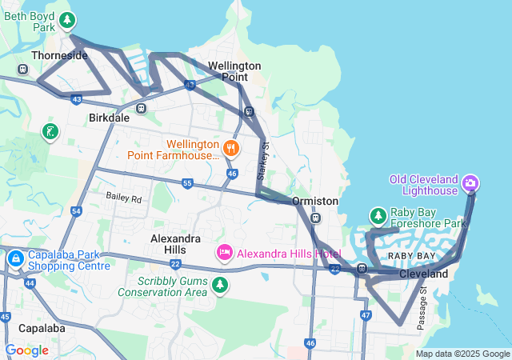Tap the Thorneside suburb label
click(x=59, y=56)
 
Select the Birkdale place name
click(x=108, y=118)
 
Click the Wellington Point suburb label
click(x=234, y=71)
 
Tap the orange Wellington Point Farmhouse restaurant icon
click(x=231, y=148)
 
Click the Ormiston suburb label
click(x=315, y=201)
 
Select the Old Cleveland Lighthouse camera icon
click(x=470, y=184)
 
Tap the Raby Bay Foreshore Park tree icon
click(x=378, y=215)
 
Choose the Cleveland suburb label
click(x=423, y=274)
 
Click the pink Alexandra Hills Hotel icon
click(x=225, y=253)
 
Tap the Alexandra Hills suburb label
click(x=175, y=245)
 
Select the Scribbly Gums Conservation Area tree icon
click(x=219, y=285)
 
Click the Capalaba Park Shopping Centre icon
click(x=15, y=259)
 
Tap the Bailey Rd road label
click(x=124, y=198)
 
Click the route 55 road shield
click(x=186, y=183)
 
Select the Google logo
click(x=26, y=350)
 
